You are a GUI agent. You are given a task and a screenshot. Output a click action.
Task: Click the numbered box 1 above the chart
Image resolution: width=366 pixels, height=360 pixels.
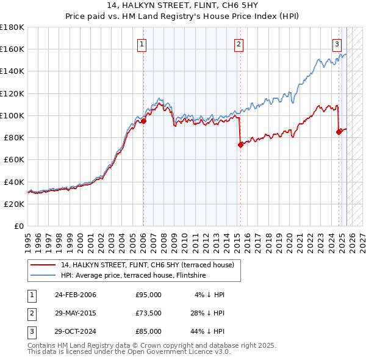[142, 44]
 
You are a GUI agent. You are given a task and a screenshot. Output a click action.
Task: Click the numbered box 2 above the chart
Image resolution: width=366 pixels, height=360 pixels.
[239, 44]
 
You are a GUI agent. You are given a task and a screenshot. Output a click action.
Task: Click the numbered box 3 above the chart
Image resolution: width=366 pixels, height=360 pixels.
[337, 44]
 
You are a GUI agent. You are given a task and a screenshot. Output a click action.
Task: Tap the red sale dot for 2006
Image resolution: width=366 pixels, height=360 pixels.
[144, 121]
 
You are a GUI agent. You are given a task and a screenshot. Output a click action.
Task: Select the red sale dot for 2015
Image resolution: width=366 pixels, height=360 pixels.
[240, 145]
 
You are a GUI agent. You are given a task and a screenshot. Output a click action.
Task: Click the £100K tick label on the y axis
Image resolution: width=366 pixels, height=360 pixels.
[12, 115]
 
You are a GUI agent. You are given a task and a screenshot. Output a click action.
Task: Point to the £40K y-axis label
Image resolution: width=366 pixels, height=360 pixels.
[14, 182]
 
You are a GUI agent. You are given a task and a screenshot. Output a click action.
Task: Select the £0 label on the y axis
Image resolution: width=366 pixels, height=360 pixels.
[20, 226]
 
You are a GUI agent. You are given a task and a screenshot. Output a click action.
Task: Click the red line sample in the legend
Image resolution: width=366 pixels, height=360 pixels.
[43, 265]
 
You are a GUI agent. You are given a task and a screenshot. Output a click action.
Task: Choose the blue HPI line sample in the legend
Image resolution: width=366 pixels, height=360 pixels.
[43, 275]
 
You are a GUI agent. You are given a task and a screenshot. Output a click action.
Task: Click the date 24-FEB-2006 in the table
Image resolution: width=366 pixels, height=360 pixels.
[75, 295]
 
